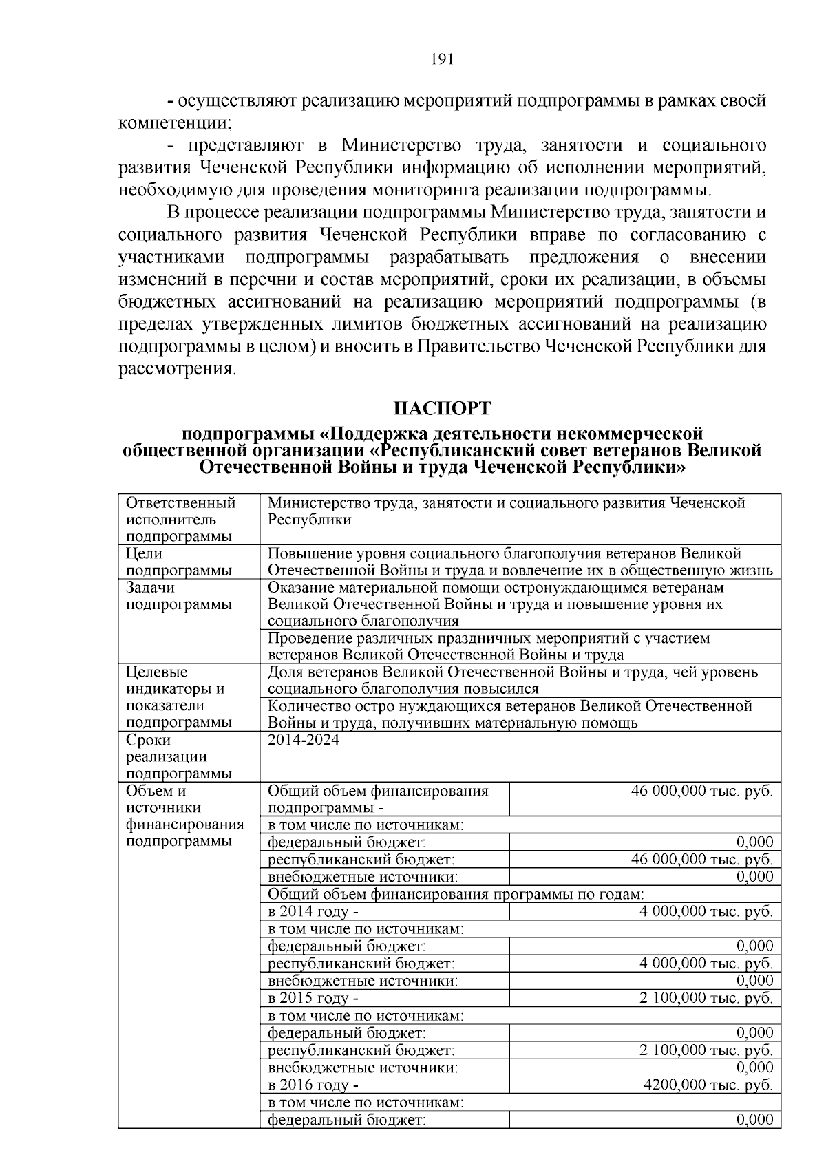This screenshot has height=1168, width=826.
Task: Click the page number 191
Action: pyautogui.click(x=441, y=59)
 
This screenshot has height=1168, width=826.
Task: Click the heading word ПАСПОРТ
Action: pyautogui.click(x=442, y=408)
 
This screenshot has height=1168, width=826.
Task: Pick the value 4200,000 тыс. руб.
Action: pyautogui.click(x=708, y=1085)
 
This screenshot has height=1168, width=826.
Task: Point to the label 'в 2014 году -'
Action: pyautogui.click(x=313, y=911)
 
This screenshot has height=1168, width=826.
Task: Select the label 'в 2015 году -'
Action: pyautogui.click(x=313, y=998)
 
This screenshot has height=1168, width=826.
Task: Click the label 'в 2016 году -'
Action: pyautogui.click(x=313, y=1085)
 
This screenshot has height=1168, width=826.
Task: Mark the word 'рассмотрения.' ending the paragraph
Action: pyautogui.click(x=177, y=369)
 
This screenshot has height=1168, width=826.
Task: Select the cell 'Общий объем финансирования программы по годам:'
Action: pyautogui.click(x=455, y=894)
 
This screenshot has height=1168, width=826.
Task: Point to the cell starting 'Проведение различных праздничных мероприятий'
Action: pyautogui.click(x=488, y=646)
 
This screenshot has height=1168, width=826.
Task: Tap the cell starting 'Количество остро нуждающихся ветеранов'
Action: pyautogui.click(x=509, y=714)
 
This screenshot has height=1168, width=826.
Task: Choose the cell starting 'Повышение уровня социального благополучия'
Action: pyautogui.click(x=519, y=562)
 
